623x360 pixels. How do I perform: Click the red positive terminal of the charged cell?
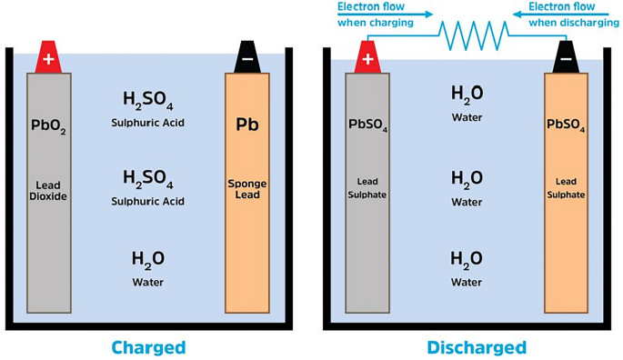49,58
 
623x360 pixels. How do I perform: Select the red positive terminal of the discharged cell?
367,59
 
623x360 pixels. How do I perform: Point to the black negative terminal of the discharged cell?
566,59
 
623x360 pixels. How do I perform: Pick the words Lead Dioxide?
49,189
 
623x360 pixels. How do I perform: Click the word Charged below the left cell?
148,346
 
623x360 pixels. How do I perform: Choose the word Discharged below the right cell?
466,346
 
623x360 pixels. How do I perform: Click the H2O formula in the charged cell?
147,259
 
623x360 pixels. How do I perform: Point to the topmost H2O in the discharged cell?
467,94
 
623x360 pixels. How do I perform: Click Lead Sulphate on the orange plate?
565,189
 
